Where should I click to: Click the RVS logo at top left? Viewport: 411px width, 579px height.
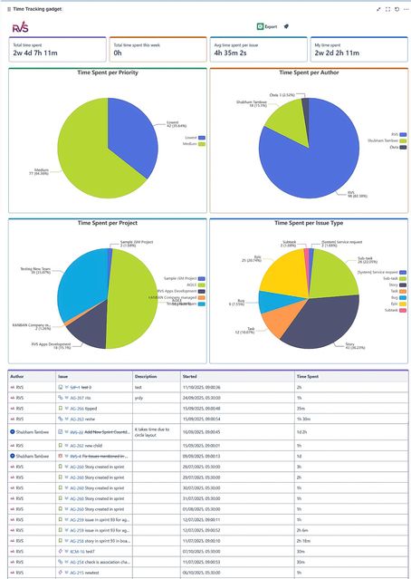(20, 27)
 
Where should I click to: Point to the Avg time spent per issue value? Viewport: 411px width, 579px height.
(234, 53)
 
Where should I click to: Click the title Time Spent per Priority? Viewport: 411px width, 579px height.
(107, 72)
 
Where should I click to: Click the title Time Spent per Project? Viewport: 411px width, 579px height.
(107, 221)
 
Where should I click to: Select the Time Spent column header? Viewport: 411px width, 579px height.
(309, 375)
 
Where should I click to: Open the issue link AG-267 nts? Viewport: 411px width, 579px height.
(81, 397)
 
